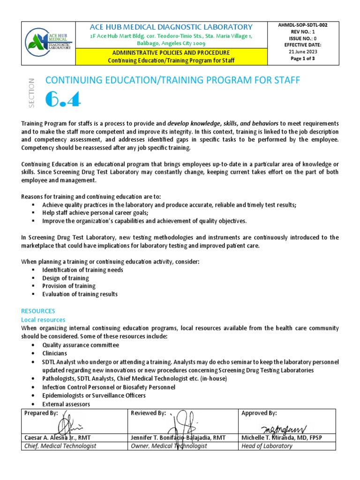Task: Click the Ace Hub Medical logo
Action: [49, 43]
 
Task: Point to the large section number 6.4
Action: [63, 99]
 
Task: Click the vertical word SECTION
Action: [32, 93]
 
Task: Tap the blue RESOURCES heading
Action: [38, 311]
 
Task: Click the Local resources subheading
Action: [43, 320]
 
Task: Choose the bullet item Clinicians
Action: [54, 353]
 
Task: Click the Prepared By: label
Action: [41, 413]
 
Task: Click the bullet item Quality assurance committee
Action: [80, 345]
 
